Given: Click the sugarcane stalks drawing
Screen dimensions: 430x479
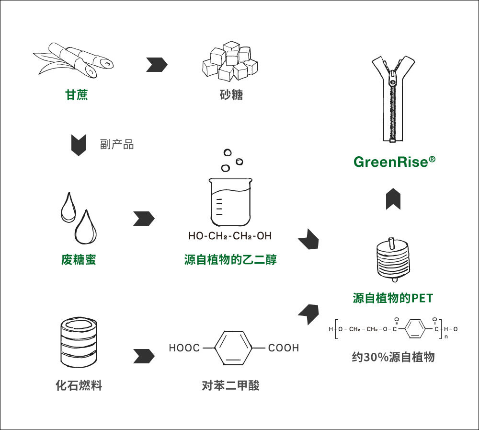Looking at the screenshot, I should point(75,61).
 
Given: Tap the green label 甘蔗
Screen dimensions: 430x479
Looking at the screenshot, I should point(77,95).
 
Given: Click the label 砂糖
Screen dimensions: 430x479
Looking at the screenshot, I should point(231,95).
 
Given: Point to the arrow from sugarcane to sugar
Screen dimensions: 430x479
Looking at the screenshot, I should point(156,64).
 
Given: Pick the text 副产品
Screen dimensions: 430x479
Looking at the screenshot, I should point(117,144).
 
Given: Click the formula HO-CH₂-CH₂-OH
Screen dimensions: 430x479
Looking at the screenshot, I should point(230,236).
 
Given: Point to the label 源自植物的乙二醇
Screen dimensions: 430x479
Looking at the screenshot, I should point(230,260).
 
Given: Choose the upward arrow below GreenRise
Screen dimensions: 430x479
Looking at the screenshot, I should point(393,198).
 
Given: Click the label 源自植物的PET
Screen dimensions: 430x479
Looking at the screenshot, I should point(393,298).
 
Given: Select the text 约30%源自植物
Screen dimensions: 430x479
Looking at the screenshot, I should point(393,357).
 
